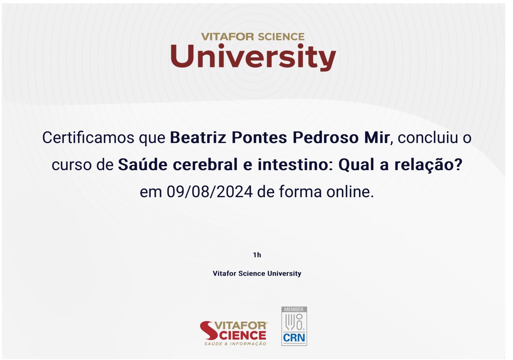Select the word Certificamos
(x=88, y=138)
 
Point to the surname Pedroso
(x=326, y=138)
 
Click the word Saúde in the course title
(x=143, y=164)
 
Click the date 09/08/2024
(x=210, y=192)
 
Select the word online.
(x=350, y=192)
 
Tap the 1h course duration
(x=257, y=255)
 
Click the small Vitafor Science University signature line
(x=257, y=273)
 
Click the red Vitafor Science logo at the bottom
(x=233, y=333)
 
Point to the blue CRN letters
(x=294, y=338)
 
